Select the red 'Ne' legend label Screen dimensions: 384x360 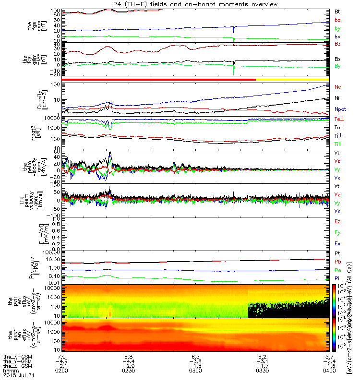pyautogui.click(x=337, y=87)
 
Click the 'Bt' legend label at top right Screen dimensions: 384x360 pyautogui.click(x=337, y=11)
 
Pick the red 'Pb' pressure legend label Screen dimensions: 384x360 pyautogui.click(x=338, y=262)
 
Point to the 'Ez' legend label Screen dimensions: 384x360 pyautogui.click(x=337, y=221)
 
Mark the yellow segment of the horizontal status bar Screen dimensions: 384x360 pyautogui.click(x=292, y=79)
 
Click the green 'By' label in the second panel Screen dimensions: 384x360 pyautogui.click(x=338, y=66)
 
